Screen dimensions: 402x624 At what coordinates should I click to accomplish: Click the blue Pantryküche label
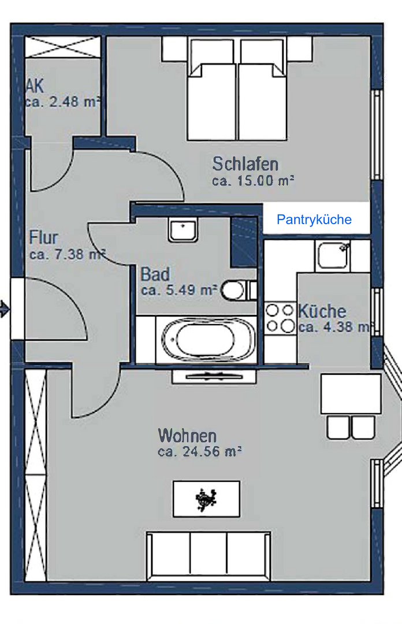314,220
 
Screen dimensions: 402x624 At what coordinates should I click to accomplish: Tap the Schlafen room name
245,164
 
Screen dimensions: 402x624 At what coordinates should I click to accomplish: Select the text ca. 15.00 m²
253,181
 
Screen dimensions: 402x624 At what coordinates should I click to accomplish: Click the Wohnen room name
187,436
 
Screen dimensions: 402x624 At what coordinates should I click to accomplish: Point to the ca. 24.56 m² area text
199,452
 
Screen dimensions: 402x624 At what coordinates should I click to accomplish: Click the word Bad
155,274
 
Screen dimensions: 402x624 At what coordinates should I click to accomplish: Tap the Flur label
43,237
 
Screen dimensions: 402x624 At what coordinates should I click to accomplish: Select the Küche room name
322,311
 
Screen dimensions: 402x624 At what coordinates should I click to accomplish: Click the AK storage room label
34,86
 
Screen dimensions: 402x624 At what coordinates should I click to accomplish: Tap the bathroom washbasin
183,230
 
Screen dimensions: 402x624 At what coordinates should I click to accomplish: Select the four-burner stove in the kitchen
280,319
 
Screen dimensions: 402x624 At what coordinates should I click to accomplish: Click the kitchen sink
333,257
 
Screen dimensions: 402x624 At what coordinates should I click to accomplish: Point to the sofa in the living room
209,555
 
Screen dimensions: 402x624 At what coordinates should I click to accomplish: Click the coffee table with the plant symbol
206,499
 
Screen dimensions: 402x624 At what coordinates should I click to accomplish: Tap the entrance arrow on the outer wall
5,309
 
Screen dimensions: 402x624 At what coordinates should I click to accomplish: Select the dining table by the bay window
351,393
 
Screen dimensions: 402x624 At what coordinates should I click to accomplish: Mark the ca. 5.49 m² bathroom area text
179,290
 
